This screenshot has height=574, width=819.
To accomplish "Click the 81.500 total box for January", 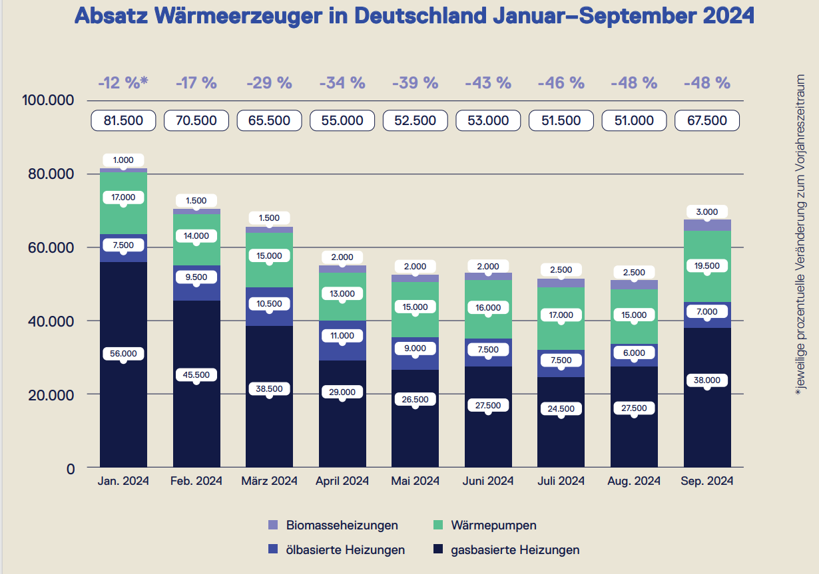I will point(123,120).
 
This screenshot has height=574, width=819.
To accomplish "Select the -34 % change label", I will point(342,83).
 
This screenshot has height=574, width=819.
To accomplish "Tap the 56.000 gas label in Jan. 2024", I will point(123,354).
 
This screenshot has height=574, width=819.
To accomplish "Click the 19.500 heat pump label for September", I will point(707,265).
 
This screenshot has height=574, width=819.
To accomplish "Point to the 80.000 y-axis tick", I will point(47,174).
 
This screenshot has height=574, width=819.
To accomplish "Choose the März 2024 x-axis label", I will point(269,481).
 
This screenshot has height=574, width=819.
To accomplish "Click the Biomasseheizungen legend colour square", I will point(273,525).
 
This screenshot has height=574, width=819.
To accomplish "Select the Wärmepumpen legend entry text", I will point(493,525).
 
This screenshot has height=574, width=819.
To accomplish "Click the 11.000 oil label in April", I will point(342,336).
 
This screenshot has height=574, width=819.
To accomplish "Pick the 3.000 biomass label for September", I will point(707,212).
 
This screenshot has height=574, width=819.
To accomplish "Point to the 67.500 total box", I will point(707,120).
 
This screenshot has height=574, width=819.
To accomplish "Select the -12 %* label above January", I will point(123,83).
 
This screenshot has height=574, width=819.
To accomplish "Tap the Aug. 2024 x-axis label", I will point(634,481).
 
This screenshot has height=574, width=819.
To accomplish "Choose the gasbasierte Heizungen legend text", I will point(515,550).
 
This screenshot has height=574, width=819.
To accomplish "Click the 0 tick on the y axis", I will point(70,468).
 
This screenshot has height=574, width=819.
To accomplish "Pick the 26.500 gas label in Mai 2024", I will point(415,400).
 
